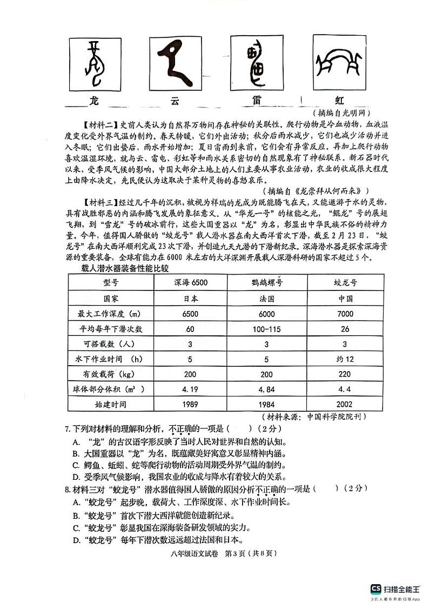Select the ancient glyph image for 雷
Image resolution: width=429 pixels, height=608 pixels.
tap(257, 61)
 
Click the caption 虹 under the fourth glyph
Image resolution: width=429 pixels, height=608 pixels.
tap(339, 100)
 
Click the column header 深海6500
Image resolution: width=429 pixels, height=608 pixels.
tap(191, 283)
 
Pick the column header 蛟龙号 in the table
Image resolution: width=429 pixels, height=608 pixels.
tap(346, 283)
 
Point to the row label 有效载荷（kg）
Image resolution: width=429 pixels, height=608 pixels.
tap(111, 374)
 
